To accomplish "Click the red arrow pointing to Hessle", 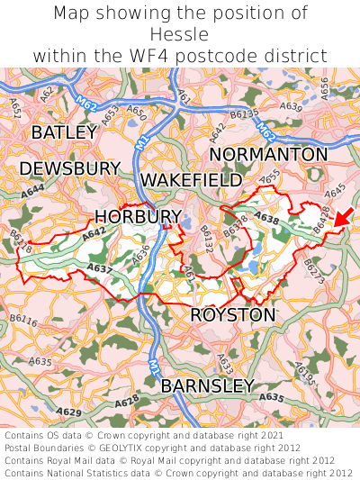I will coord(343,217).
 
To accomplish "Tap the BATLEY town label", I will coord(63,132).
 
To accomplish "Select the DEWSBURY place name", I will coord(69,168).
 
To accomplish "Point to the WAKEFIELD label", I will coord(191,180).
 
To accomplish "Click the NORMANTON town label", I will coord(268,155).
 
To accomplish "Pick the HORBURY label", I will coord(138,216).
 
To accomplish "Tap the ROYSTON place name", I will coord(233,315).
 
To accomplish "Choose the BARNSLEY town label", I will coord(207,386).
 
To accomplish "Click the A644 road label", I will coord(33,191).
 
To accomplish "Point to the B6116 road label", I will coord(24,321).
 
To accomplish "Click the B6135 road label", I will coord(244,114).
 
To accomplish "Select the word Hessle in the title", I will coord(180,34).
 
